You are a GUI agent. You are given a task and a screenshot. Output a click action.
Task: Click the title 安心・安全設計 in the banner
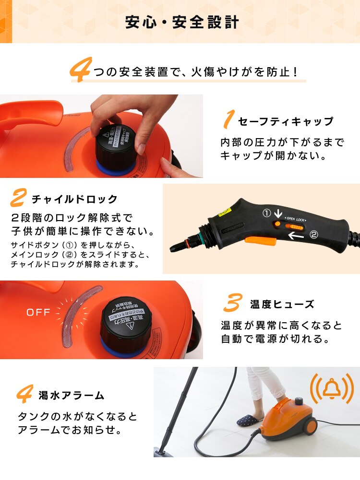[x=182, y=23]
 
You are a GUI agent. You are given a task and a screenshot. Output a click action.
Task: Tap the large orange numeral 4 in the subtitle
[x=80, y=70]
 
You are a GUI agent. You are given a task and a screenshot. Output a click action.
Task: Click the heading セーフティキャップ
[x=286, y=121]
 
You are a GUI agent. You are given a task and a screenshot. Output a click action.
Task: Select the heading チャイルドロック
[x=74, y=199]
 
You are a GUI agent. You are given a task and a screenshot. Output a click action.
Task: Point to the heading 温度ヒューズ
[x=282, y=304]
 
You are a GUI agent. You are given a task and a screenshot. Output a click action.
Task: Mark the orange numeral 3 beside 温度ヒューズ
[x=233, y=303]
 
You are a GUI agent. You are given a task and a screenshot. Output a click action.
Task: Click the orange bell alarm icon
[x=331, y=389]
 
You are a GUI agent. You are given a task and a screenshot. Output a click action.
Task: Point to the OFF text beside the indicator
[x=38, y=313]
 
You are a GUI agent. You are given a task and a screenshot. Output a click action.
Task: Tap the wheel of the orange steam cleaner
[x=310, y=426]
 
